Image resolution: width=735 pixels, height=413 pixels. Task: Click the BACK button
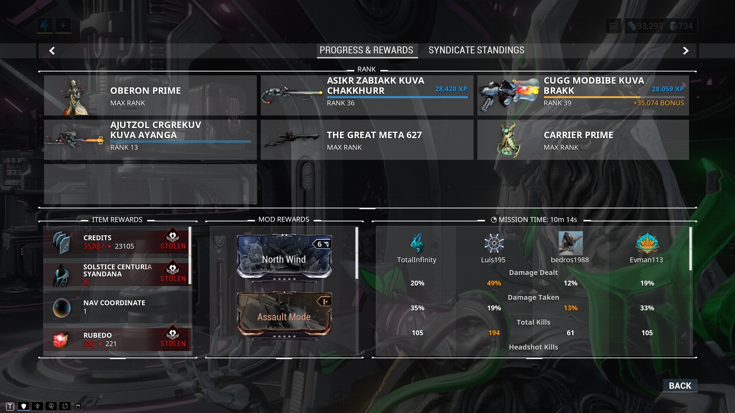tap(680, 385)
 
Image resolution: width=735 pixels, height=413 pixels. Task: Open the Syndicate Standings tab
tap(476, 50)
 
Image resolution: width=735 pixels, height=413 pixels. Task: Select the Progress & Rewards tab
tap(366, 50)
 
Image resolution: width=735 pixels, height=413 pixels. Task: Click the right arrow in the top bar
tap(686, 50)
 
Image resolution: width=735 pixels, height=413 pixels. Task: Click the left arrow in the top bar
tap(52, 50)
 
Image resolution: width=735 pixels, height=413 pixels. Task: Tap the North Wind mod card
tap(284, 257)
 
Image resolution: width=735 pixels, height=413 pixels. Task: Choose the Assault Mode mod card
tap(284, 314)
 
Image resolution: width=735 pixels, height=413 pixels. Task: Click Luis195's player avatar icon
tap(494, 243)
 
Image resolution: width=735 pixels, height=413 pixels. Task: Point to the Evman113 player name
tap(646, 260)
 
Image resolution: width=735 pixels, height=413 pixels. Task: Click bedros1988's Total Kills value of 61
tap(570, 333)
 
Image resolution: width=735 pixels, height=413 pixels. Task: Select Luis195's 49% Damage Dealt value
tap(493, 283)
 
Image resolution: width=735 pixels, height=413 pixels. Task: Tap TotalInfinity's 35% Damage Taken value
tap(417, 308)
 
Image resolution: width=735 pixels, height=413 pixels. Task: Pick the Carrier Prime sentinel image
tap(508, 140)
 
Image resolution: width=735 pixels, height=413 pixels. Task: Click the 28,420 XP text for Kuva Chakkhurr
tap(451, 89)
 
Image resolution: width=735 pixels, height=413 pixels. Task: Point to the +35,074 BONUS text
tap(658, 103)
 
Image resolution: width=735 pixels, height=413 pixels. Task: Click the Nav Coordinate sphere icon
tap(61, 307)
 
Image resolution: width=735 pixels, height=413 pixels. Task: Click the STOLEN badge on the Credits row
tap(173, 240)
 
